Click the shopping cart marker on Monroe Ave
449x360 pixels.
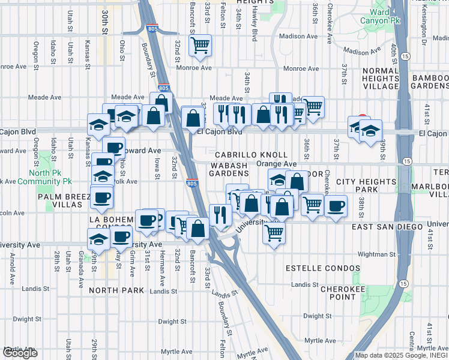[199, 45]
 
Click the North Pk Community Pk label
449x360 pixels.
[44, 176]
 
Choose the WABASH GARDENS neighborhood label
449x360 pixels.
[228, 169]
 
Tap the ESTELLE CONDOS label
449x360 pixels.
[324, 268]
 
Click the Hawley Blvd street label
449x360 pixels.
[254, 15]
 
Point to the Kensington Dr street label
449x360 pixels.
[423, 30]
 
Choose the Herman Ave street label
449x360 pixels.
[161, 268]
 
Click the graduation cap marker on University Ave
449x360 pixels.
[98, 239]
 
